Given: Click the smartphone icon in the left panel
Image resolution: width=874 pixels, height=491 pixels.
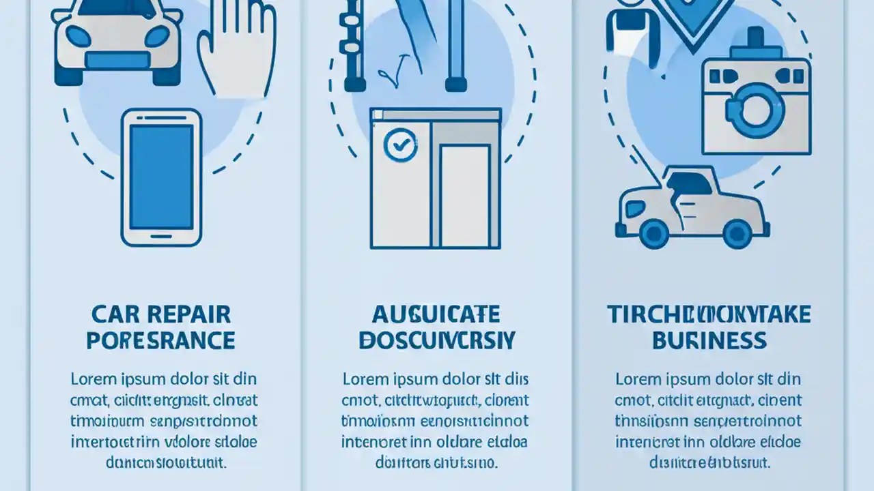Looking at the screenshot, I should [161, 177].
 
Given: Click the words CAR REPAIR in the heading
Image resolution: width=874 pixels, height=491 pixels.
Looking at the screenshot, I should [160, 314].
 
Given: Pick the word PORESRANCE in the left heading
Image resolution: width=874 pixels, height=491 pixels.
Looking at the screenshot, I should [160, 340].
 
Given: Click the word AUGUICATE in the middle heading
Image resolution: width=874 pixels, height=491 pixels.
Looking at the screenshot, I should [436, 314].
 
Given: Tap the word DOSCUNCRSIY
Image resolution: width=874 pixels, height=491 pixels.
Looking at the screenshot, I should [437, 340].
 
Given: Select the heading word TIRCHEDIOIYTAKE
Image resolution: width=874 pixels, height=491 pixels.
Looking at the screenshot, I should [709, 314].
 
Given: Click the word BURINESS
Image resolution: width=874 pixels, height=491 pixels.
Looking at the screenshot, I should [709, 340].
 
